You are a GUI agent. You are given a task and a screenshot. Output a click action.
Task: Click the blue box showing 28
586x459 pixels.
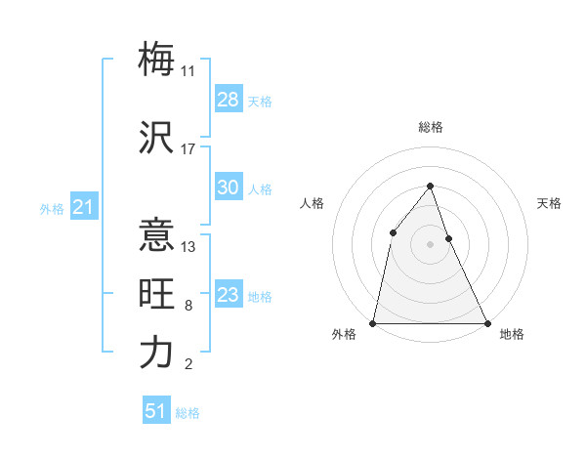(229, 100)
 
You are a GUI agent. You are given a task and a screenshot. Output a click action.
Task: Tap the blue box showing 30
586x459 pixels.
(229, 188)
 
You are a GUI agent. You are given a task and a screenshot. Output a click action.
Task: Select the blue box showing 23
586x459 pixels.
(229, 296)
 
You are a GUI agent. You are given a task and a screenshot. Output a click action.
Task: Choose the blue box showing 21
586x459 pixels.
(83, 207)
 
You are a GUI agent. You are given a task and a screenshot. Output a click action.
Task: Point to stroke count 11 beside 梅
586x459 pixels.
(188, 70)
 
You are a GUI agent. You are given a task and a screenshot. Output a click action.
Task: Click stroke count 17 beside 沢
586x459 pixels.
(188, 149)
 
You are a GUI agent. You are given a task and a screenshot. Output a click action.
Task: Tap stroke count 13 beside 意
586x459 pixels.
(188, 247)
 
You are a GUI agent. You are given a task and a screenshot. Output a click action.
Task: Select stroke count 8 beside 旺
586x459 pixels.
(188, 307)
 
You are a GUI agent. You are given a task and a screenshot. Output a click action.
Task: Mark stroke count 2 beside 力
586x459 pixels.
(188, 365)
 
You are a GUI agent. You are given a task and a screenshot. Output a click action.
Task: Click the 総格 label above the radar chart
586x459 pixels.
(430, 128)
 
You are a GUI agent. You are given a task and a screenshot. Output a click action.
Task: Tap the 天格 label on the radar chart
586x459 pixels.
(549, 203)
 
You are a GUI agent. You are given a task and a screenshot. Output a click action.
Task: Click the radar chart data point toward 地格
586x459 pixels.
(486, 323)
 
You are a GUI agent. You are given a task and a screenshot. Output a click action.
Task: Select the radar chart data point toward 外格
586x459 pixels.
(373, 323)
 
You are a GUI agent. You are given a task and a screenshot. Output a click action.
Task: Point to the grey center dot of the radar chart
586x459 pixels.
(430, 243)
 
